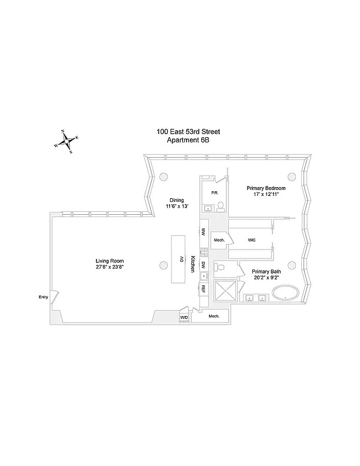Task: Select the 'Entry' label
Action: (x=43, y=298)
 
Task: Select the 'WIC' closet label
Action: (x=251, y=240)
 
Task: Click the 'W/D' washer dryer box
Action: (x=184, y=317)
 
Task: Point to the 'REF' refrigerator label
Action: (x=203, y=289)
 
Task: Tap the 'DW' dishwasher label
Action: (x=203, y=265)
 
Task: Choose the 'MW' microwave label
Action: (x=203, y=232)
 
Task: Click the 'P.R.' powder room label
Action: (x=206, y=192)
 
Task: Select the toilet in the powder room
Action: (x=220, y=207)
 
